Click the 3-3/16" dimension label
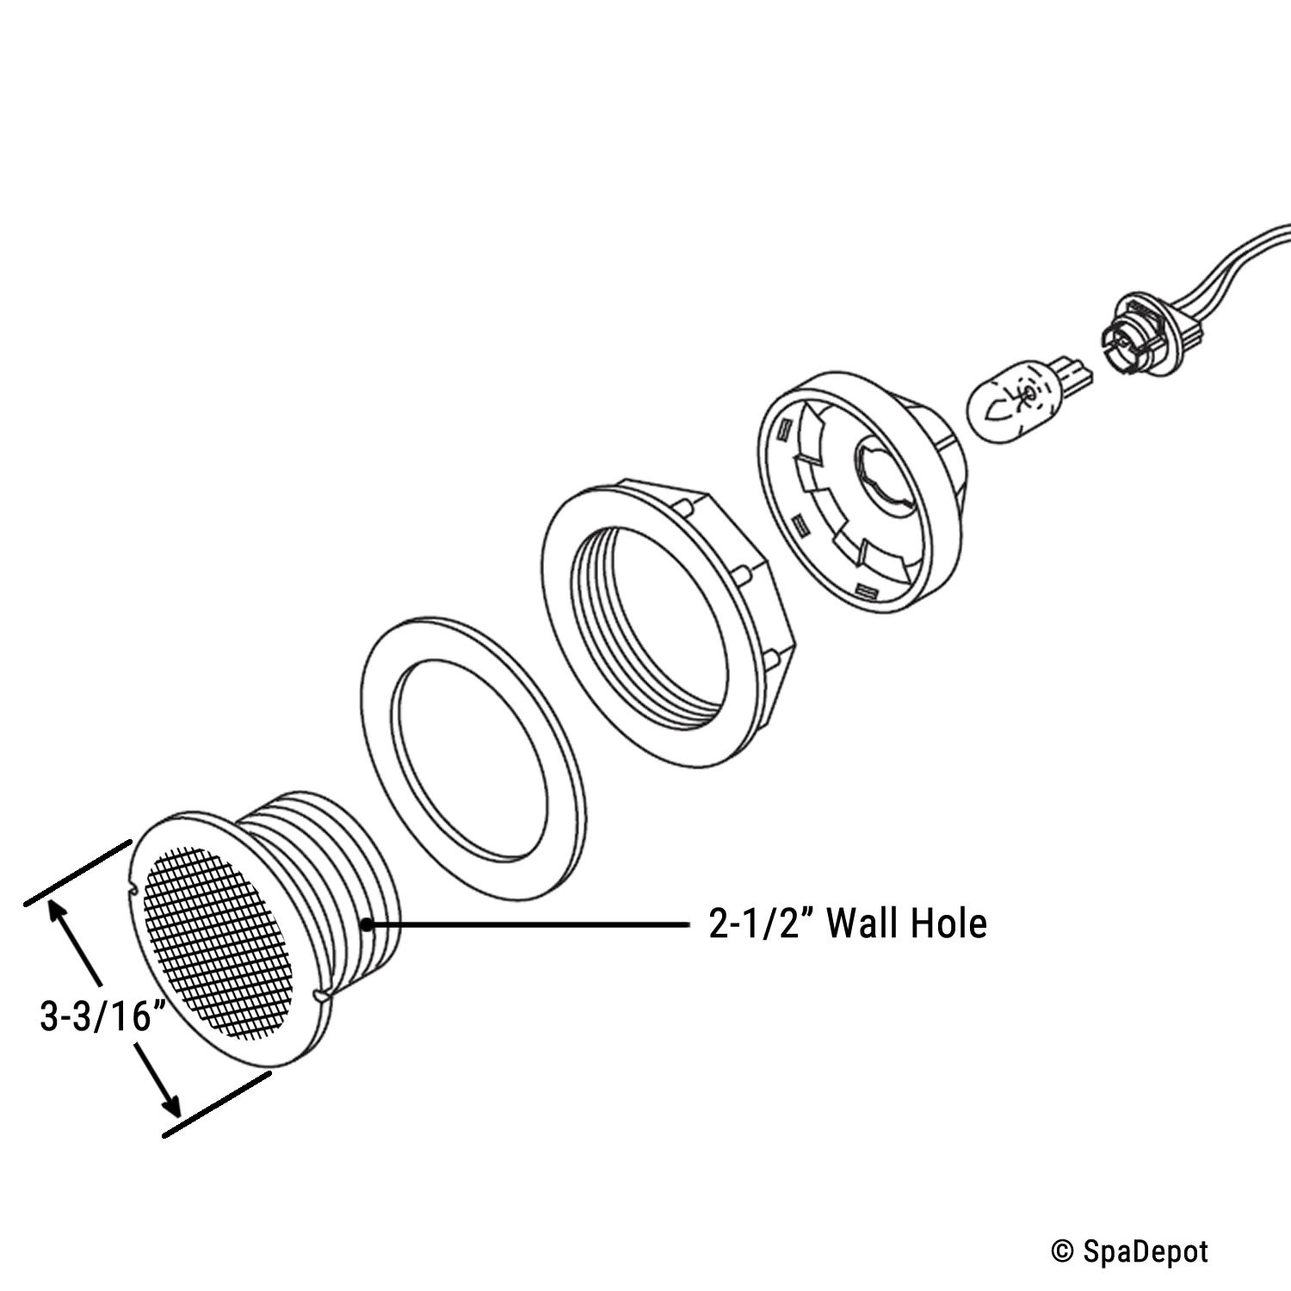pos(102,1016)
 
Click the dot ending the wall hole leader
pos(368,924)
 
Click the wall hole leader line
pos(528,924)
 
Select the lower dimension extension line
pos(217,1103)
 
